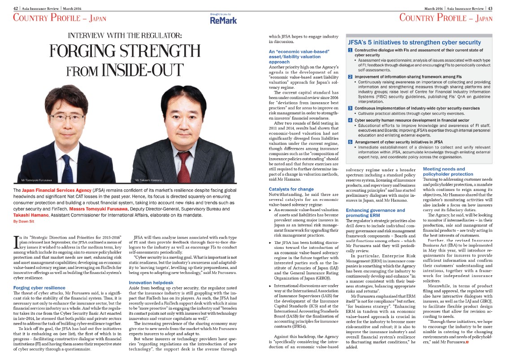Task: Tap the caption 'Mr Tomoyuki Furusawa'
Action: click(35, 180)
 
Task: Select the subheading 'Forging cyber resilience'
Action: click(39, 287)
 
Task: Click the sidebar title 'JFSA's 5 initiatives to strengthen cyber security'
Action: click(415, 42)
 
